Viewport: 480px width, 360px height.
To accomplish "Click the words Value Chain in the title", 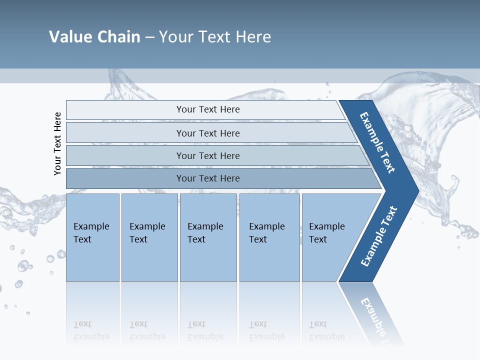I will click(x=94, y=37).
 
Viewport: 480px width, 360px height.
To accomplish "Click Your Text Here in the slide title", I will click(x=215, y=37).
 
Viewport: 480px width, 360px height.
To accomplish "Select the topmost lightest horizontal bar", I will click(x=125, y=110).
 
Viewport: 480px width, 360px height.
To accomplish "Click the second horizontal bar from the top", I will click(x=125, y=133).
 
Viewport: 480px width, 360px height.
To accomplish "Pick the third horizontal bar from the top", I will click(x=125, y=155).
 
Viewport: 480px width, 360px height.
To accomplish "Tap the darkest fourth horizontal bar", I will click(x=125, y=178).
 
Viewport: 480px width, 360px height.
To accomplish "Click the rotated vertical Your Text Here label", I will click(x=57, y=144).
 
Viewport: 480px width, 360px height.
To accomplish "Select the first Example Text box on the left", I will click(x=92, y=237).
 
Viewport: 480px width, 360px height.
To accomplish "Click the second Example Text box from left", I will click(x=149, y=237).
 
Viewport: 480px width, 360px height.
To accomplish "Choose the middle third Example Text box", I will click(x=208, y=237).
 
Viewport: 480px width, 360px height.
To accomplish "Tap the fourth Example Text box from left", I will click(x=269, y=237).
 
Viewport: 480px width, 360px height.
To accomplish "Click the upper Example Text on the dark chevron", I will click(x=377, y=142).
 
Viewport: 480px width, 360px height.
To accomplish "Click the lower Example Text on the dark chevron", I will click(x=379, y=236).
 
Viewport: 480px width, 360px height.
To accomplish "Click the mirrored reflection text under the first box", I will click(x=91, y=330).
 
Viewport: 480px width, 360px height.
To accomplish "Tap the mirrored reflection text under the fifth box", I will click(x=327, y=330).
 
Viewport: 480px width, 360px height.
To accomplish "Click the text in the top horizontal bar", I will click(x=208, y=109).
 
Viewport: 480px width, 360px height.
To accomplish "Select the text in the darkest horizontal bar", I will click(x=208, y=178).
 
